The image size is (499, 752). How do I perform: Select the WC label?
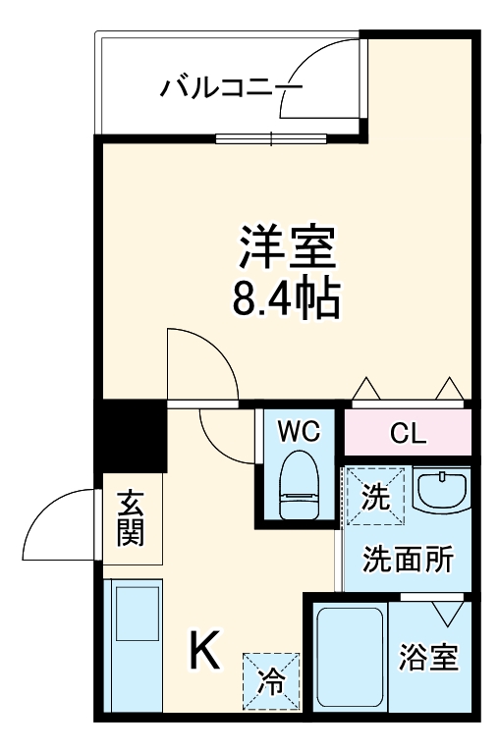coord(298,431)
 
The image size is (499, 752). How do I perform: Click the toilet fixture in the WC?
coord(298,485)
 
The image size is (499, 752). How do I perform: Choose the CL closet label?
coord(407,433)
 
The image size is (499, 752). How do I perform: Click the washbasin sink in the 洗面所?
coord(441,490)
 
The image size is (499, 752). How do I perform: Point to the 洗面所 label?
coord(408,559)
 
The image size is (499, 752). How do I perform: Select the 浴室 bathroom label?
coord(429,659)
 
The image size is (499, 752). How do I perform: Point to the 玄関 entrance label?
coord(131,517)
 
